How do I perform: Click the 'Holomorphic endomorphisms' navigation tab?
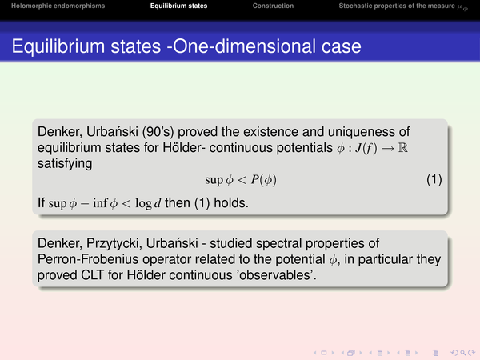click(x=58, y=6)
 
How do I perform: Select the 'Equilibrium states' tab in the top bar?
click(x=178, y=6)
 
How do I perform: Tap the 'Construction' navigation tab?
click(x=273, y=6)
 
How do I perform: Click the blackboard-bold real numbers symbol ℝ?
click(x=403, y=148)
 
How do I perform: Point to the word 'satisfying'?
click(x=65, y=164)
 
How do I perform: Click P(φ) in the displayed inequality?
click(x=264, y=180)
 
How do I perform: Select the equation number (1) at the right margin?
click(x=434, y=180)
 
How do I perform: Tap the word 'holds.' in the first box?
click(x=231, y=203)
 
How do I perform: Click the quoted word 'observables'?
click(x=276, y=275)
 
